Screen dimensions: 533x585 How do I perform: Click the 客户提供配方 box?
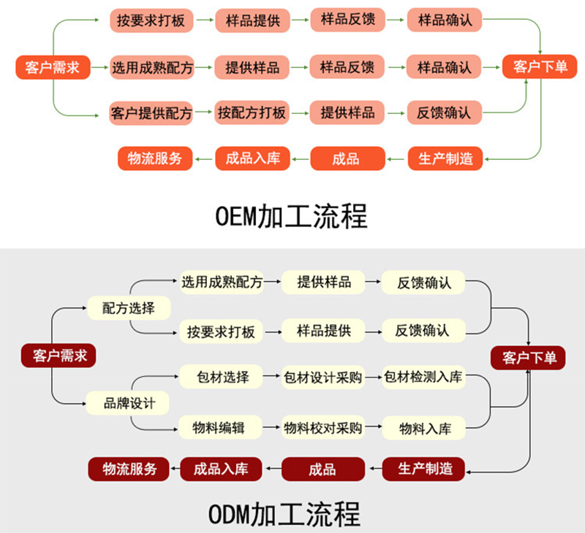(x=151, y=113)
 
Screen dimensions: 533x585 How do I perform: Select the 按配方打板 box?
(x=252, y=113)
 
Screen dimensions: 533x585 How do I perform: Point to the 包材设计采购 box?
(x=322, y=377)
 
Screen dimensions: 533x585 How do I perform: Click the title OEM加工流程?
(x=292, y=216)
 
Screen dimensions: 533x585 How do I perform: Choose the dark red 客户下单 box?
(x=529, y=357)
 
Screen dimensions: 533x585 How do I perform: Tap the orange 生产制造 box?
(x=445, y=158)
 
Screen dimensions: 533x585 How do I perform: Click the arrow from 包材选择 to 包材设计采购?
(x=272, y=377)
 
